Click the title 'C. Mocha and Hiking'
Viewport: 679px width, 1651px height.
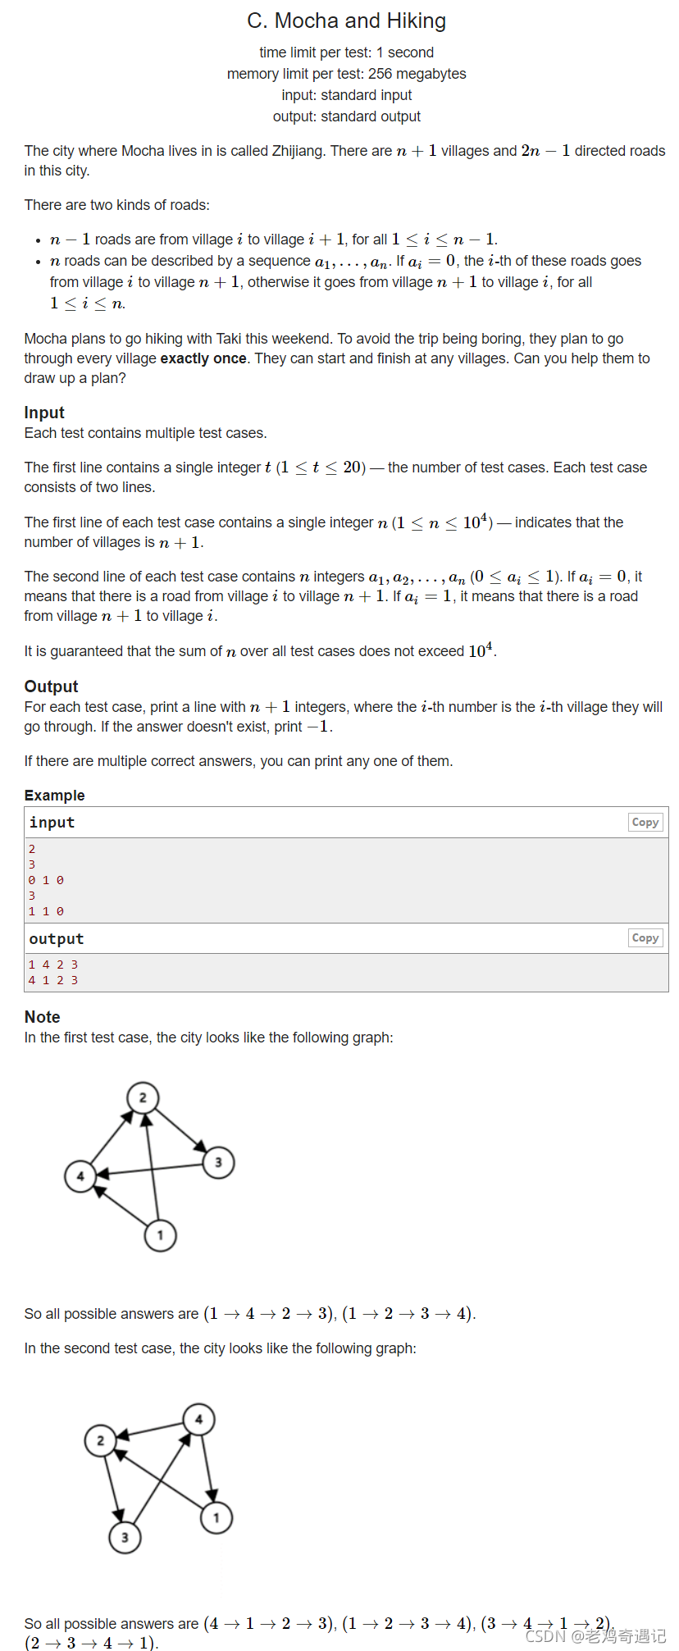[346, 21]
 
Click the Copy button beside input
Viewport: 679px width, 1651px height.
[645, 822]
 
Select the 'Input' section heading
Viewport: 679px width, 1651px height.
[44, 413]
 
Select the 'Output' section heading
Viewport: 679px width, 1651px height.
[51, 686]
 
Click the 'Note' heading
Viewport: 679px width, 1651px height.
[43, 1017]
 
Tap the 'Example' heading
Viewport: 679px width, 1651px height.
[54, 796]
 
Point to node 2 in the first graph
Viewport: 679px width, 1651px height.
[143, 1097]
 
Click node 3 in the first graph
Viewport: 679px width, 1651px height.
[218, 1162]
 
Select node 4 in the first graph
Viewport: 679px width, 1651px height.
[80, 1176]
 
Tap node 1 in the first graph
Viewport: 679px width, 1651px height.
[160, 1235]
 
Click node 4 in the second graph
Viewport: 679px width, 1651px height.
[198, 1419]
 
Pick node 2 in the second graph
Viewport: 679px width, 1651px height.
[101, 1440]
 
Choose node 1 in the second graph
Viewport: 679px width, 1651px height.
[216, 1518]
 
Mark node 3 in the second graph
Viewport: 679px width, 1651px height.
[125, 1538]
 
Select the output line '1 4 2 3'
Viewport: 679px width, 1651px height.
[53, 965]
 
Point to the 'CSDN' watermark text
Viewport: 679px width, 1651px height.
[546, 1636]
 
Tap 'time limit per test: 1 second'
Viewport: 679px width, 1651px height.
[346, 52]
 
